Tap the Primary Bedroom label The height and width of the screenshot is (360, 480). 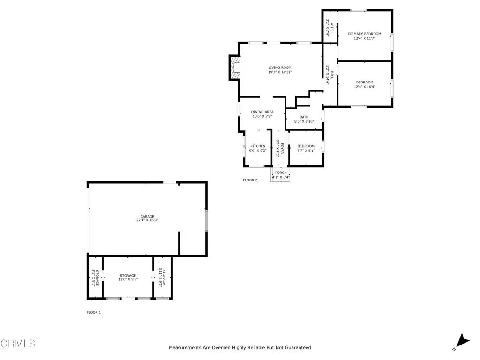[364, 34]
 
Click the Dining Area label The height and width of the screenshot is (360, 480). [262, 112]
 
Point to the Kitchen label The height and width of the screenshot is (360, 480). [258, 146]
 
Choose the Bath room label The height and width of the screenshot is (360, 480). [304, 117]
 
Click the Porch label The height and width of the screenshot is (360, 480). [281, 173]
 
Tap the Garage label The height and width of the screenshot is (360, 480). [147, 216]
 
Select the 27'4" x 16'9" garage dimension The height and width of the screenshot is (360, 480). [147, 220]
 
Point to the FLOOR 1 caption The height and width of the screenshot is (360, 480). [93, 312]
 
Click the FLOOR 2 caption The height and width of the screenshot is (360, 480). [250, 180]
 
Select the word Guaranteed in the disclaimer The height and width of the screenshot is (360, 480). [295, 348]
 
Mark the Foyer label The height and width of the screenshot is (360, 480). [280, 148]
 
